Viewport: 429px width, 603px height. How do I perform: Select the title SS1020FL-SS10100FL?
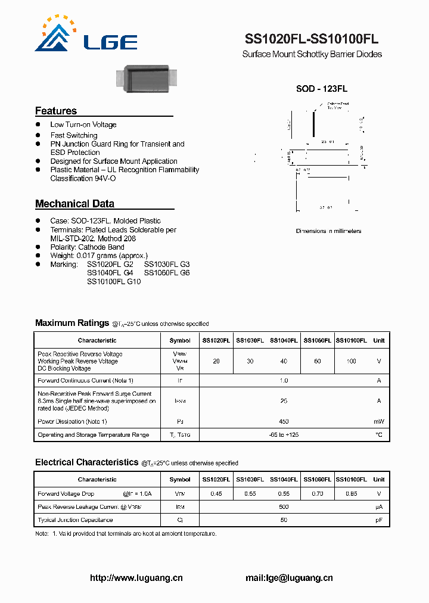click(312, 39)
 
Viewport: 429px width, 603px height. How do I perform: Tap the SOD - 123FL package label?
click(322, 89)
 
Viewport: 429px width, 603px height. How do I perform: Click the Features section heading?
click(56, 111)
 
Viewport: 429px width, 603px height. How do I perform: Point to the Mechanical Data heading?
click(74, 204)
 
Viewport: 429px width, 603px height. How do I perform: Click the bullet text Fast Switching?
click(73, 135)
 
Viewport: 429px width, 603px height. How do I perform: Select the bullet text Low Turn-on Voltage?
click(83, 125)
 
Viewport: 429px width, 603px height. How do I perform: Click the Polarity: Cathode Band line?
click(87, 247)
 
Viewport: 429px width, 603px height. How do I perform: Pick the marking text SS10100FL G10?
click(114, 281)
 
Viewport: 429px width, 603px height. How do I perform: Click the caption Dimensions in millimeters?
click(328, 231)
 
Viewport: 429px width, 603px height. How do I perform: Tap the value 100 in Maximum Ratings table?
click(351, 362)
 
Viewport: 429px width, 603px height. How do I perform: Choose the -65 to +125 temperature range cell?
click(284, 435)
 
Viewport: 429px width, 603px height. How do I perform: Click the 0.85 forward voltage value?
click(351, 494)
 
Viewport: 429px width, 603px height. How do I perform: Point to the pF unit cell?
click(379, 520)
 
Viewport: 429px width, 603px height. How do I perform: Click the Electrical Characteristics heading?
click(86, 462)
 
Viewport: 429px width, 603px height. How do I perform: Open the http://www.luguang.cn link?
click(136, 578)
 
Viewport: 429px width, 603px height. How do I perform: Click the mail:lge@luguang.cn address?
click(289, 578)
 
